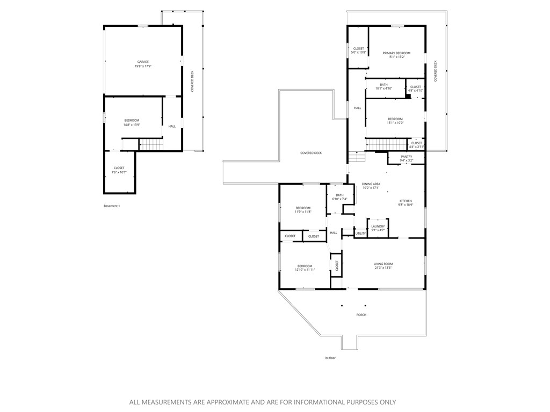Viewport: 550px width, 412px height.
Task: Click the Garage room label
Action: tap(142, 62)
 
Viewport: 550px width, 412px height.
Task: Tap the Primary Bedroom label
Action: tap(396, 53)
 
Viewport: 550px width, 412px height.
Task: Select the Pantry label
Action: tap(406, 156)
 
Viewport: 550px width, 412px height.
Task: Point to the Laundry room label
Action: tap(378, 226)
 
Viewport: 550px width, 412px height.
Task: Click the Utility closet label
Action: tap(360, 233)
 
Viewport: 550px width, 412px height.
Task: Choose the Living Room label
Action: tap(383, 263)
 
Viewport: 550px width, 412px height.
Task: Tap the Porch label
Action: tap(361, 315)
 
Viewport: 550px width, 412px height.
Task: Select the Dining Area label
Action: tap(371, 184)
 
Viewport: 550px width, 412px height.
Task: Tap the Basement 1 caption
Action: tap(112, 206)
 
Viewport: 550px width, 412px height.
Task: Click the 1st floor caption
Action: tap(329, 357)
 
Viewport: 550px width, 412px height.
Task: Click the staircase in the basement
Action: tap(151, 144)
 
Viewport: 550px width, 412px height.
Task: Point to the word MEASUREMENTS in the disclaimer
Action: tap(173, 402)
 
